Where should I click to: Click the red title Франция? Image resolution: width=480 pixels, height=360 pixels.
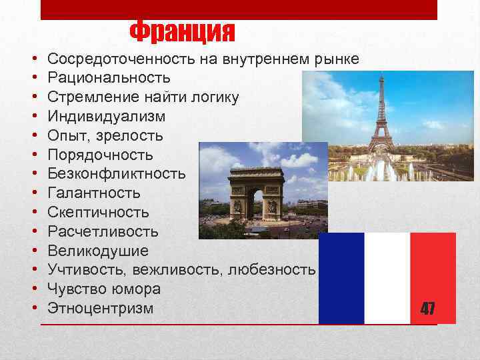coord(182,31)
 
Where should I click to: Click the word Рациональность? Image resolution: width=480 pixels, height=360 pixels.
coord(109,78)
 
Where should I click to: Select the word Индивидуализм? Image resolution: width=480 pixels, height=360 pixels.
coord(107,117)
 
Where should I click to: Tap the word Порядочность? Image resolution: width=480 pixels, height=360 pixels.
coord(100,155)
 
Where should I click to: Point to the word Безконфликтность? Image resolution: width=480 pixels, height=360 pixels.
coord(117,174)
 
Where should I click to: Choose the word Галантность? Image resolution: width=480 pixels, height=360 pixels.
coord(94,193)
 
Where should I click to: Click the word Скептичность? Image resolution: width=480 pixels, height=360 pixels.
coord(98,213)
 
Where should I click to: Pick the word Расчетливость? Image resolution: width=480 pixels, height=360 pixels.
coord(103,232)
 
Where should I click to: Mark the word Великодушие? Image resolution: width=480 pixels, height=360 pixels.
coord(98,251)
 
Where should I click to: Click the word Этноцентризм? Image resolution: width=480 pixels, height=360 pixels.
coord(100,309)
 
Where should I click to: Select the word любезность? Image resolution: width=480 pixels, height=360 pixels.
coord(271,270)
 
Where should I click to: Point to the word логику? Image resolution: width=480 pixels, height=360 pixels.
coord(215,97)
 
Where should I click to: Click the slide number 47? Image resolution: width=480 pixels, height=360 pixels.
coord(427,308)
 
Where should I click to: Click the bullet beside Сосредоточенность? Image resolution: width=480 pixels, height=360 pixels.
coord(33,59)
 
